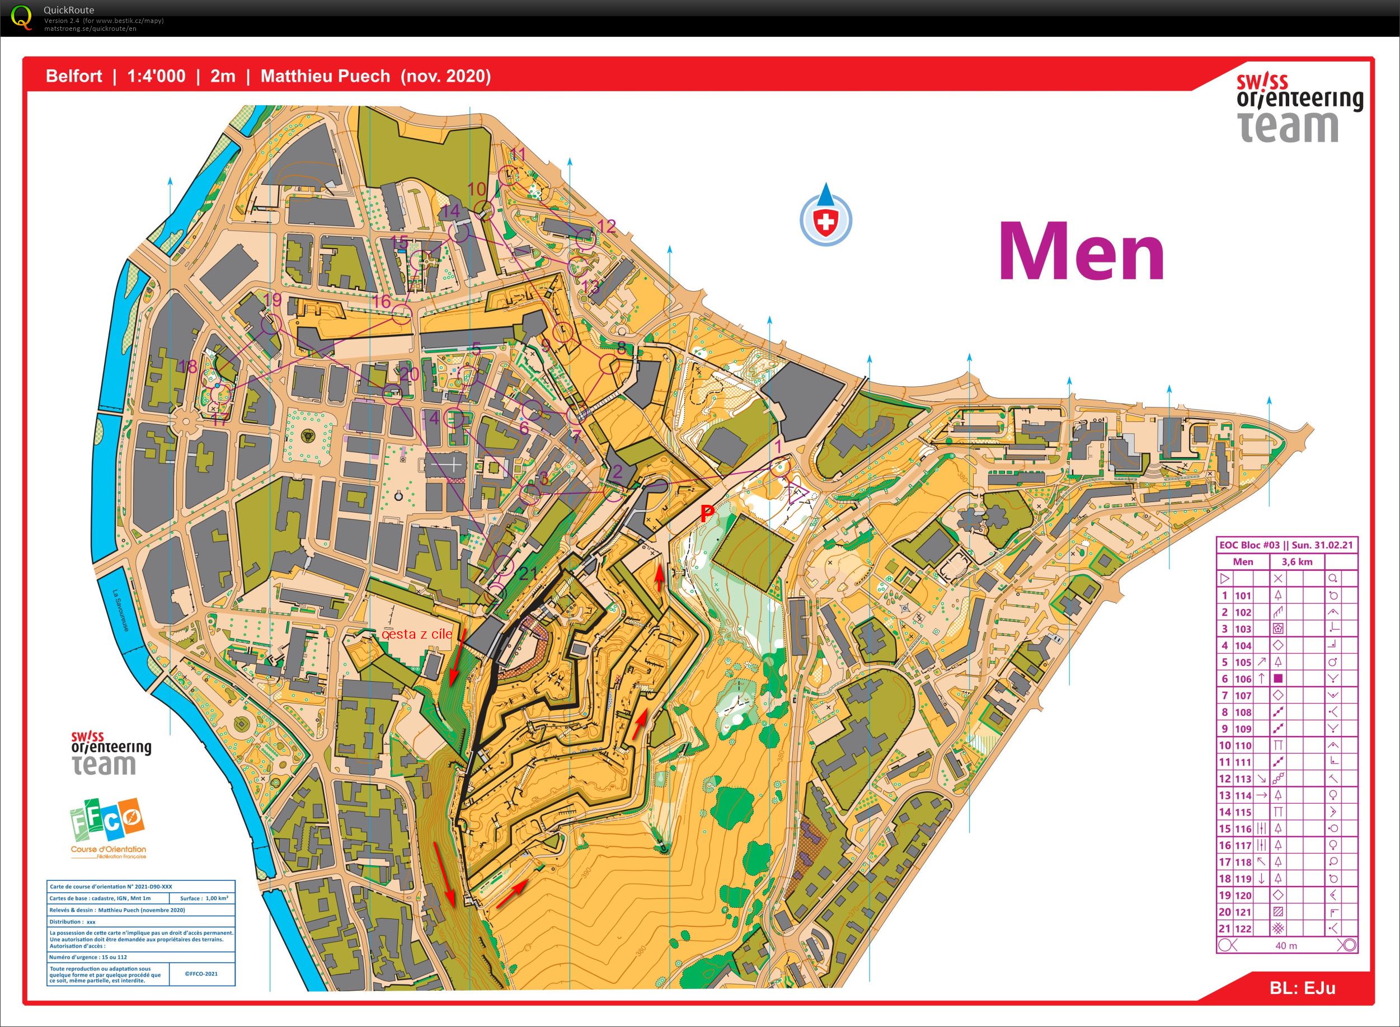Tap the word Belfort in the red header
point(74,77)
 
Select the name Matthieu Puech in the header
point(325,77)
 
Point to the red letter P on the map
point(707,513)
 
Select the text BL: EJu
point(1303,988)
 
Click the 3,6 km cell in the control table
point(1297,562)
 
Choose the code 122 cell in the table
point(1243,928)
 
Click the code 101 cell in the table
point(1243,595)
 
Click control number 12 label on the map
point(606,226)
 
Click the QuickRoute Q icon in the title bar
point(22,17)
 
